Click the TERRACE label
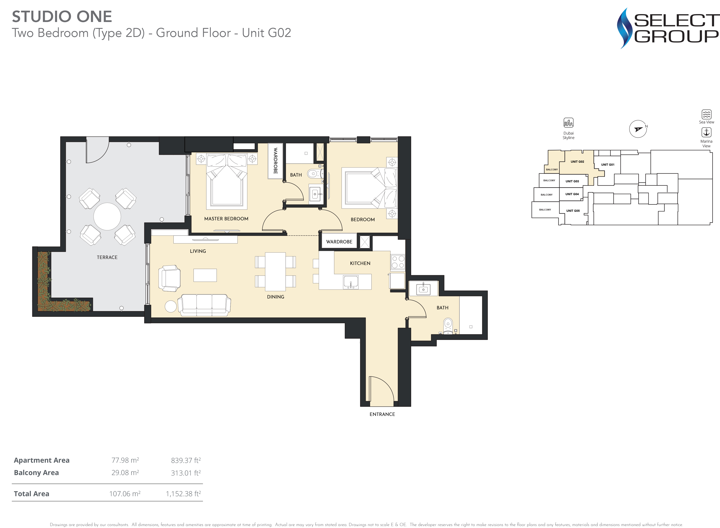tap(107, 257)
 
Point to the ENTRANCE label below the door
tap(382, 414)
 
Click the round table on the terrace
tap(107, 216)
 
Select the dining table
tap(275, 271)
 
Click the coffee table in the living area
tap(205, 275)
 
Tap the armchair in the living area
tap(169, 278)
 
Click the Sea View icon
tap(706, 114)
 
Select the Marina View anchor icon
tap(706, 132)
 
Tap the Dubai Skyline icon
tap(568, 122)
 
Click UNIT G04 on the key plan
tap(572, 194)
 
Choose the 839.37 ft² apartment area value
tap(186, 460)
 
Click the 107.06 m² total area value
tap(125, 494)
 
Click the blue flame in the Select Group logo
tap(624, 28)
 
